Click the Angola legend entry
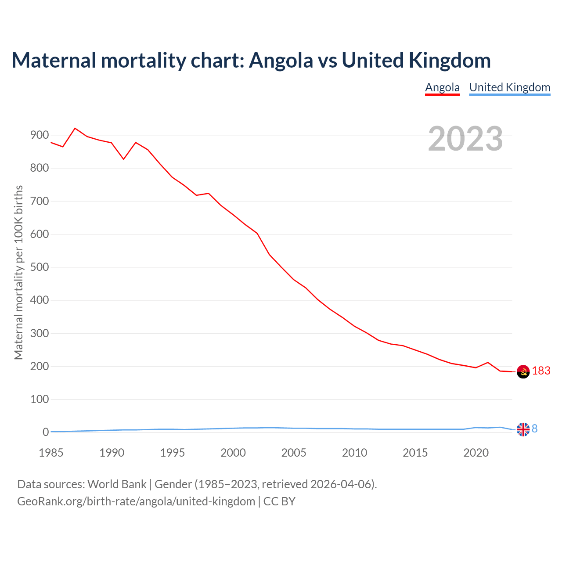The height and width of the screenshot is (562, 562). click(x=442, y=87)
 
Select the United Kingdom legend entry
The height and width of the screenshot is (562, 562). click(x=509, y=87)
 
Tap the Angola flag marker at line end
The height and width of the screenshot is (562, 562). click(x=523, y=372)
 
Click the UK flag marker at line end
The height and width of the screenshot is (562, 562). click(x=523, y=429)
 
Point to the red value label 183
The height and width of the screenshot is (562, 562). click(x=541, y=371)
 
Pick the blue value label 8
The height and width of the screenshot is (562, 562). click(x=535, y=429)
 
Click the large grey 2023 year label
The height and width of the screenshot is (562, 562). click(x=465, y=139)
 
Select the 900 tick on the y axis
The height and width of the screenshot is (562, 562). click(x=39, y=135)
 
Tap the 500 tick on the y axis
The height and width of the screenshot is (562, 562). click(x=39, y=267)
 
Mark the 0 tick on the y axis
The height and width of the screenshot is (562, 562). click(x=46, y=432)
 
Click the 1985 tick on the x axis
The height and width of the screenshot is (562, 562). click(x=51, y=453)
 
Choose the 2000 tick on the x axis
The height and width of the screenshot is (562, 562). click(x=233, y=453)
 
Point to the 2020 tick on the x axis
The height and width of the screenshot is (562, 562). click(x=476, y=453)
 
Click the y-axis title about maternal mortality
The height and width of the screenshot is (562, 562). click(x=18, y=272)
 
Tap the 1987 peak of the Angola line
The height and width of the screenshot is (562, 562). click(x=75, y=128)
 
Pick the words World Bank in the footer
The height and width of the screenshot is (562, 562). click(x=117, y=484)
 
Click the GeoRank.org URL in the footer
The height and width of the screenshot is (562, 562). click(x=136, y=501)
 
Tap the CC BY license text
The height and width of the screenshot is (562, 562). click(x=279, y=501)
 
